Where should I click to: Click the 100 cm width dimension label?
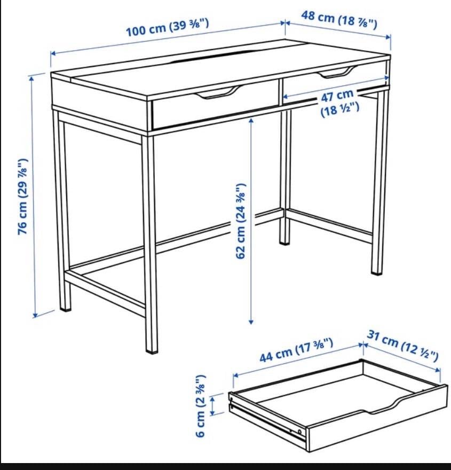[167, 27]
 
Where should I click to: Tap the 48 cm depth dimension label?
[339, 19]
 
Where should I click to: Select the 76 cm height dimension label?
[23, 196]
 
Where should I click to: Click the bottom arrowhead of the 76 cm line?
[36, 315]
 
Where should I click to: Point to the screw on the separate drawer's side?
[300, 430]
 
